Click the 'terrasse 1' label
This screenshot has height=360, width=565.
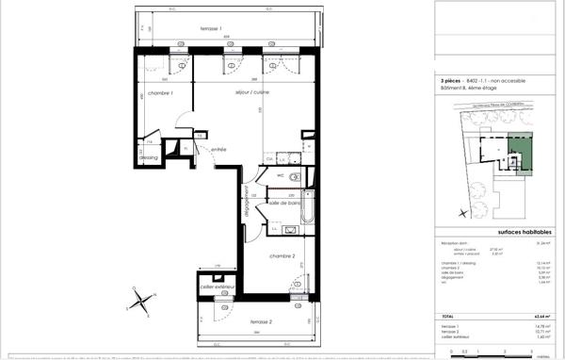tap(212, 30)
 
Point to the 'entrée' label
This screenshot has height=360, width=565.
tap(218, 149)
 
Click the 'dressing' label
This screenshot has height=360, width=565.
tap(148, 157)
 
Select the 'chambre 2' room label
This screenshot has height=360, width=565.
tap(283, 256)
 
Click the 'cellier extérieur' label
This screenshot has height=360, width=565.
tap(217, 286)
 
